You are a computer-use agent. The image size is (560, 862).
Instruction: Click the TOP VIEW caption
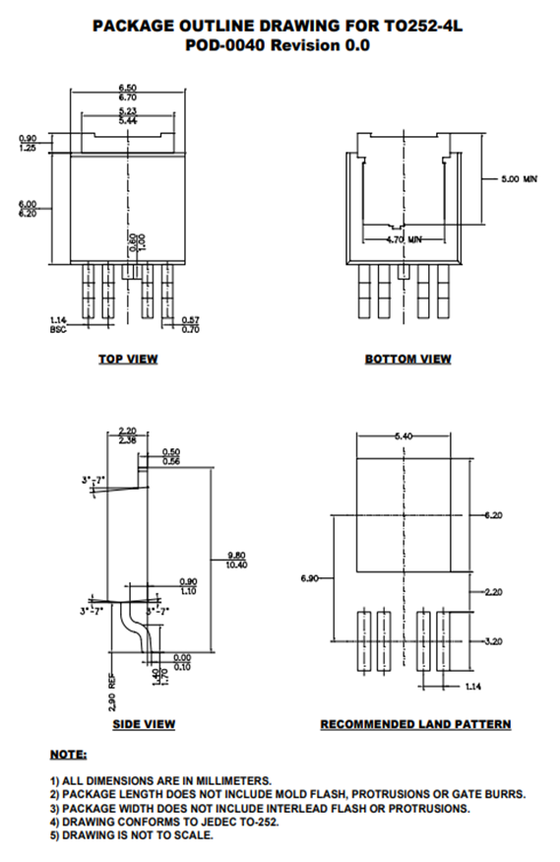(127, 359)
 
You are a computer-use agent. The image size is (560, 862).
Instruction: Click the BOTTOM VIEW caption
(407, 359)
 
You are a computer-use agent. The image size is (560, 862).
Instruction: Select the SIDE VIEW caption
(144, 724)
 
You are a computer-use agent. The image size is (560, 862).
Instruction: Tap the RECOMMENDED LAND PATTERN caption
(415, 724)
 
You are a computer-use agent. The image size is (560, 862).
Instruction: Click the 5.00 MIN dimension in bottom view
(519, 180)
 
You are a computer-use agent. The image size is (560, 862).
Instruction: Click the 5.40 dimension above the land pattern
(404, 434)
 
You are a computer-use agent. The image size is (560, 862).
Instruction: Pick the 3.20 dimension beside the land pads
(493, 640)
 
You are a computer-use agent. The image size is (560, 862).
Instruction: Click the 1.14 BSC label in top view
(59, 324)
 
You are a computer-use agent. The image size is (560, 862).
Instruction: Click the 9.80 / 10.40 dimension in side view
(236, 559)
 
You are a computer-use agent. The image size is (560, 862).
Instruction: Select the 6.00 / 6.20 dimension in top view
(27, 208)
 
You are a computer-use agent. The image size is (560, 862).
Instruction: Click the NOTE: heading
(68, 755)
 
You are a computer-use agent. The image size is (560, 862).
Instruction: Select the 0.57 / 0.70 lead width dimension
(191, 324)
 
